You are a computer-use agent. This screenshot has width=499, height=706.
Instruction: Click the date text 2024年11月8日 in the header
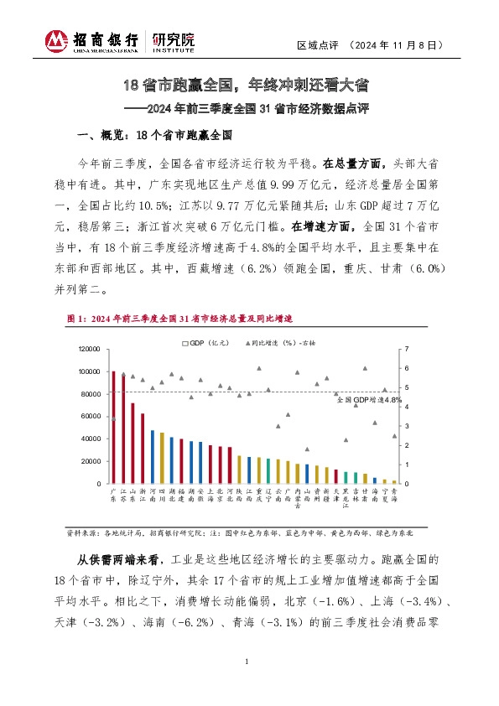coord(393,44)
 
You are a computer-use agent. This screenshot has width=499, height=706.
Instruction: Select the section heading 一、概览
coord(154,134)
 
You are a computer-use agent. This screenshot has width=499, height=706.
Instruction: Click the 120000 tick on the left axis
coord(88,349)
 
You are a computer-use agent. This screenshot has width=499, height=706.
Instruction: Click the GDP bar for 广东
coord(113,427)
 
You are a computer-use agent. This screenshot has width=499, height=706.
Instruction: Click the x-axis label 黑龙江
coord(346,500)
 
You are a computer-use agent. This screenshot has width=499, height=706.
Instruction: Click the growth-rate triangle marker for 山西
coord(307,449)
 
